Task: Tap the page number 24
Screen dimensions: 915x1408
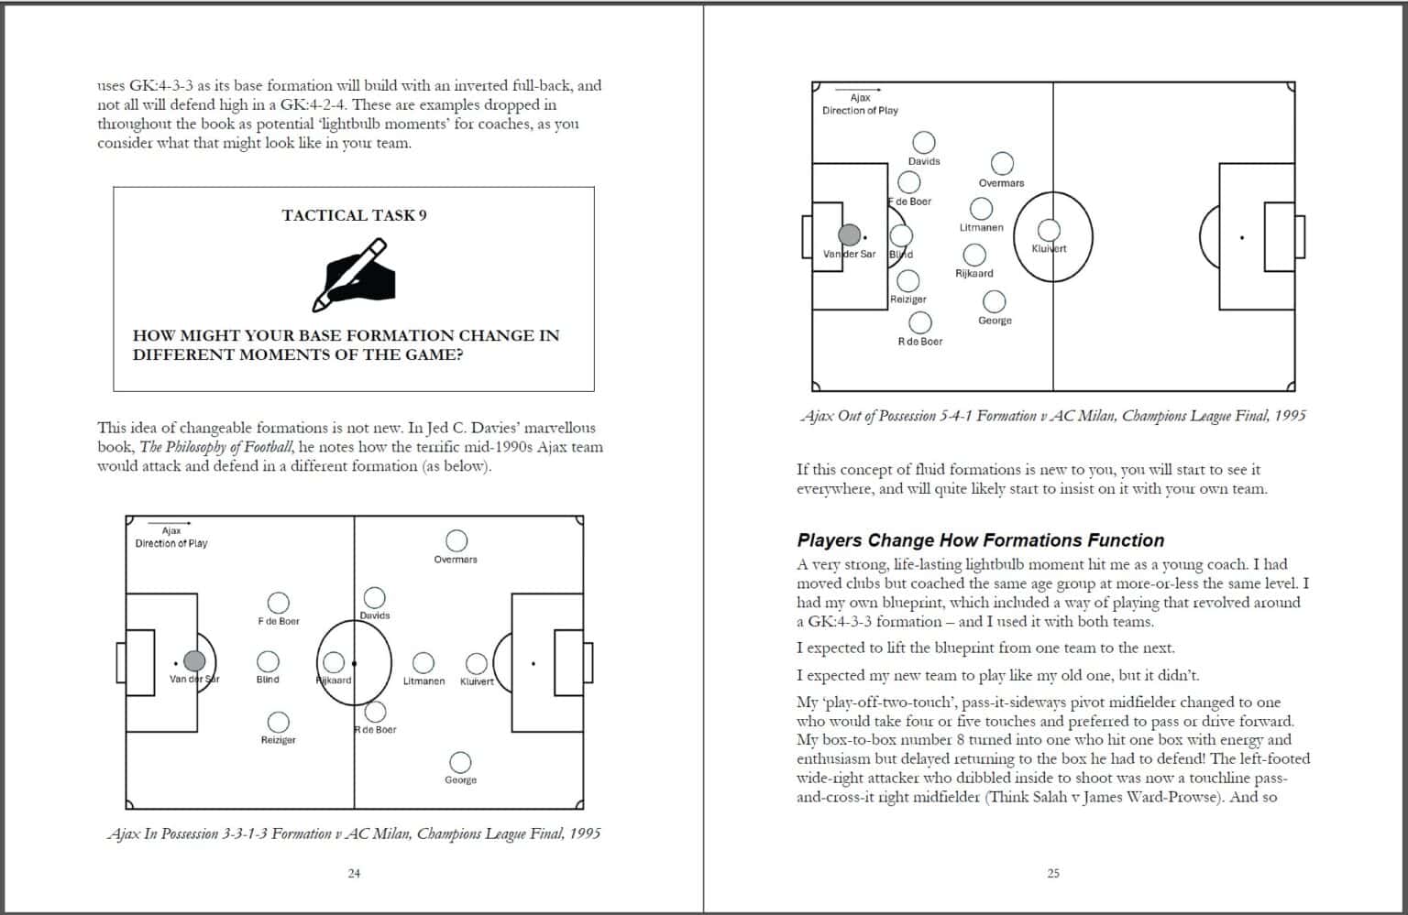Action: point(354,873)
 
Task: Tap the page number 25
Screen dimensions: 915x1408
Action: point(1053,873)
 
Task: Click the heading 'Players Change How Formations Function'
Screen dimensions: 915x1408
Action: point(980,540)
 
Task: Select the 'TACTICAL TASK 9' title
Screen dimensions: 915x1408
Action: point(354,215)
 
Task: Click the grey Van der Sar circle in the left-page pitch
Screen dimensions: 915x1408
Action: point(194,661)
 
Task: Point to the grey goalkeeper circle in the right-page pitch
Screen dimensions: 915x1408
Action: point(850,234)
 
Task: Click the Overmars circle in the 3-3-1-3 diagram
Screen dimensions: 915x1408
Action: point(456,540)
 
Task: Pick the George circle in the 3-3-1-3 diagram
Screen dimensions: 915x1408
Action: point(460,762)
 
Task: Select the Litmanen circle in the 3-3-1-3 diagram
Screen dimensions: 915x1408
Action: point(423,662)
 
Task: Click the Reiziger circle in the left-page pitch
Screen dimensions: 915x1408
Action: point(278,722)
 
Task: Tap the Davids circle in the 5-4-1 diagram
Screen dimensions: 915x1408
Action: point(924,142)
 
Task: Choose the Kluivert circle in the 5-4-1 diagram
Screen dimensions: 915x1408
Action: point(1049,229)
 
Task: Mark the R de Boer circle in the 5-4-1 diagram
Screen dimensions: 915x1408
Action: point(919,322)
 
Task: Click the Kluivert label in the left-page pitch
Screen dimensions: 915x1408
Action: point(477,681)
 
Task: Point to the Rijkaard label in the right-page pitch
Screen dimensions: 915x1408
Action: point(973,273)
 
